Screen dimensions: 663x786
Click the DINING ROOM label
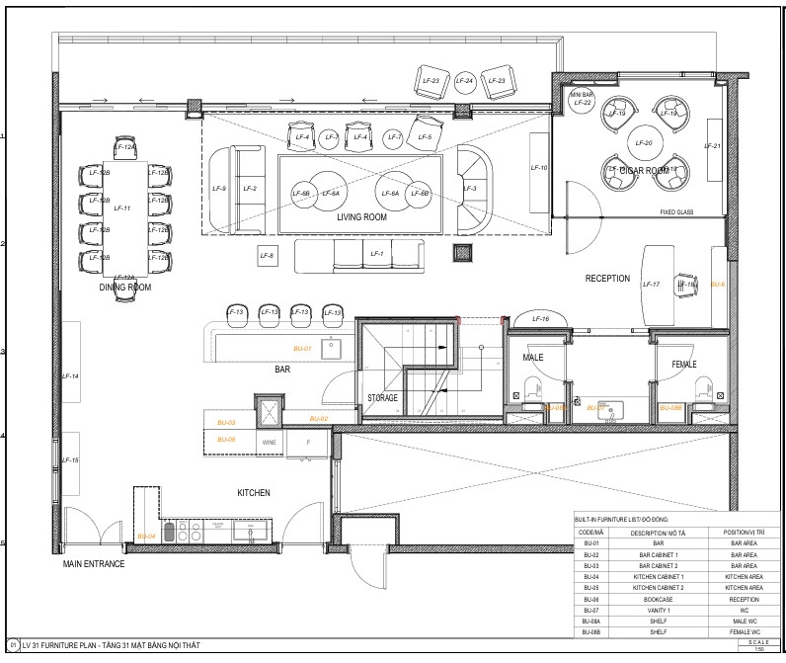(125, 288)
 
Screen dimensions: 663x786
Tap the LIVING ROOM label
(361, 216)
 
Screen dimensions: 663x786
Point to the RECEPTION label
(607, 279)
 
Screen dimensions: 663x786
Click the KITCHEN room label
(253, 492)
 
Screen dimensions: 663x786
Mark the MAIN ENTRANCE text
(94, 564)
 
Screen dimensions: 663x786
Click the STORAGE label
(383, 398)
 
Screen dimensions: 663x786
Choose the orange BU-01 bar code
(302, 349)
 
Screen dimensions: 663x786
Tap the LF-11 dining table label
(122, 208)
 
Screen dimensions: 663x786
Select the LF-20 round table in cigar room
(644, 143)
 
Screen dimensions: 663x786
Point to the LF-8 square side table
(267, 257)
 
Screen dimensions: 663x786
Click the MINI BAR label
(582, 95)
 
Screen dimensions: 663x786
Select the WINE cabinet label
(270, 444)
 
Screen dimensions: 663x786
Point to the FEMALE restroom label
(684, 365)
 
